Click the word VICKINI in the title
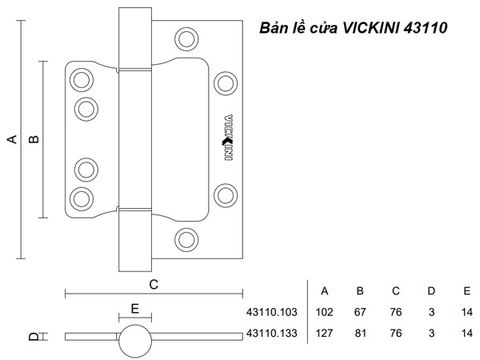[x=371, y=28]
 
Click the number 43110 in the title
[x=425, y=28]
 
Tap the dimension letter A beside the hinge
[x=12, y=139]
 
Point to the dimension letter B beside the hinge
[x=34, y=139]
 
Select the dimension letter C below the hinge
[x=154, y=285]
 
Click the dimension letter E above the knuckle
[x=135, y=309]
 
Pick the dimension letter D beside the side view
[x=34, y=337]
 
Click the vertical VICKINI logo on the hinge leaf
[x=228, y=137]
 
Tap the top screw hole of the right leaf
[x=187, y=39]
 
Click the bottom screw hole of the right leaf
[x=187, y=240]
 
